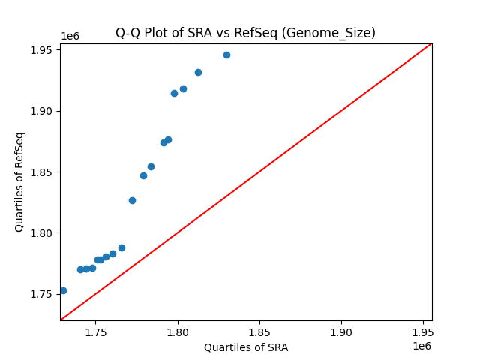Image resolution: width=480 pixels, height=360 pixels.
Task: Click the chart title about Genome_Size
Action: pyautogui.click(x=245, y=33)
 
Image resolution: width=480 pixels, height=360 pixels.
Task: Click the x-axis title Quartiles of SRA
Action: pyautogui.click(x=246, y=347)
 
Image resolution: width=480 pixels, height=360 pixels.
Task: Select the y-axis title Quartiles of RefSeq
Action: pyautogui.click(x=20, y=181)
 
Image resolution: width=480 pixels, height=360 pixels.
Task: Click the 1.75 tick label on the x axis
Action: pyautogui.click(x=96, y=331)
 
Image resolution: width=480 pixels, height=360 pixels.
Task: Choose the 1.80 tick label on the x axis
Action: pyautogui.click(x=178, y=331)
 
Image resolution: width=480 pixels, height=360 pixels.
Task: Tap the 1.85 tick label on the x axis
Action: pyautogui.click(x=259, y=331)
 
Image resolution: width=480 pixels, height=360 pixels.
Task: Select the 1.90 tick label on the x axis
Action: pyautogui.click(x=341, y=331)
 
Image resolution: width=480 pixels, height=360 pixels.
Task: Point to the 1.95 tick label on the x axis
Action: pyautogui.click(x=423, y=331)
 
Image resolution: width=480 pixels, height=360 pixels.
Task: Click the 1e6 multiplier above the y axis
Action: pyautogui.click(x=70, y=37)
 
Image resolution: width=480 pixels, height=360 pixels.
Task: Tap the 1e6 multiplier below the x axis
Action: pyautogui.click(x=421, y=346)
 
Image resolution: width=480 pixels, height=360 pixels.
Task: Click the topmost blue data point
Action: pyautogui.click(x=226, y=55)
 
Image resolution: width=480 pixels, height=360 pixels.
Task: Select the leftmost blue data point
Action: pyautogui.click(x=63, y=290)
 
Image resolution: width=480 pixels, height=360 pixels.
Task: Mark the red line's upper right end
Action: pyautogui.click(x=431, y=43)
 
